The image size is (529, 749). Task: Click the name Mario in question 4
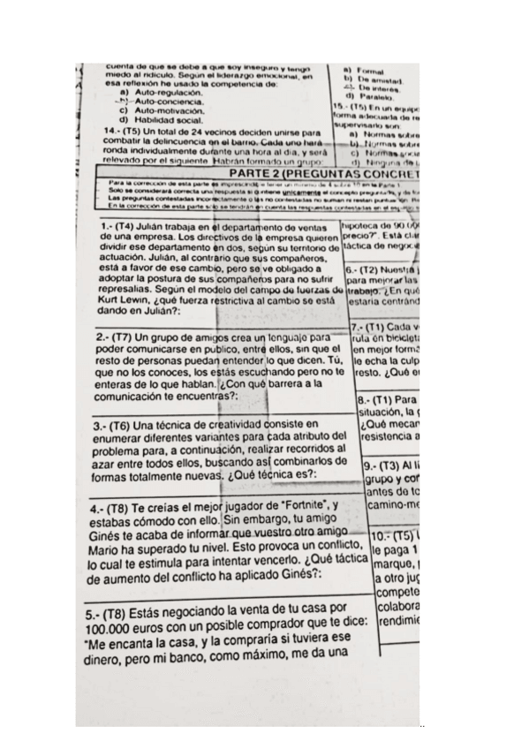click(x=110, y=546)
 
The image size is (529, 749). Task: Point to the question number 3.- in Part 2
click(x=98, y=424)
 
